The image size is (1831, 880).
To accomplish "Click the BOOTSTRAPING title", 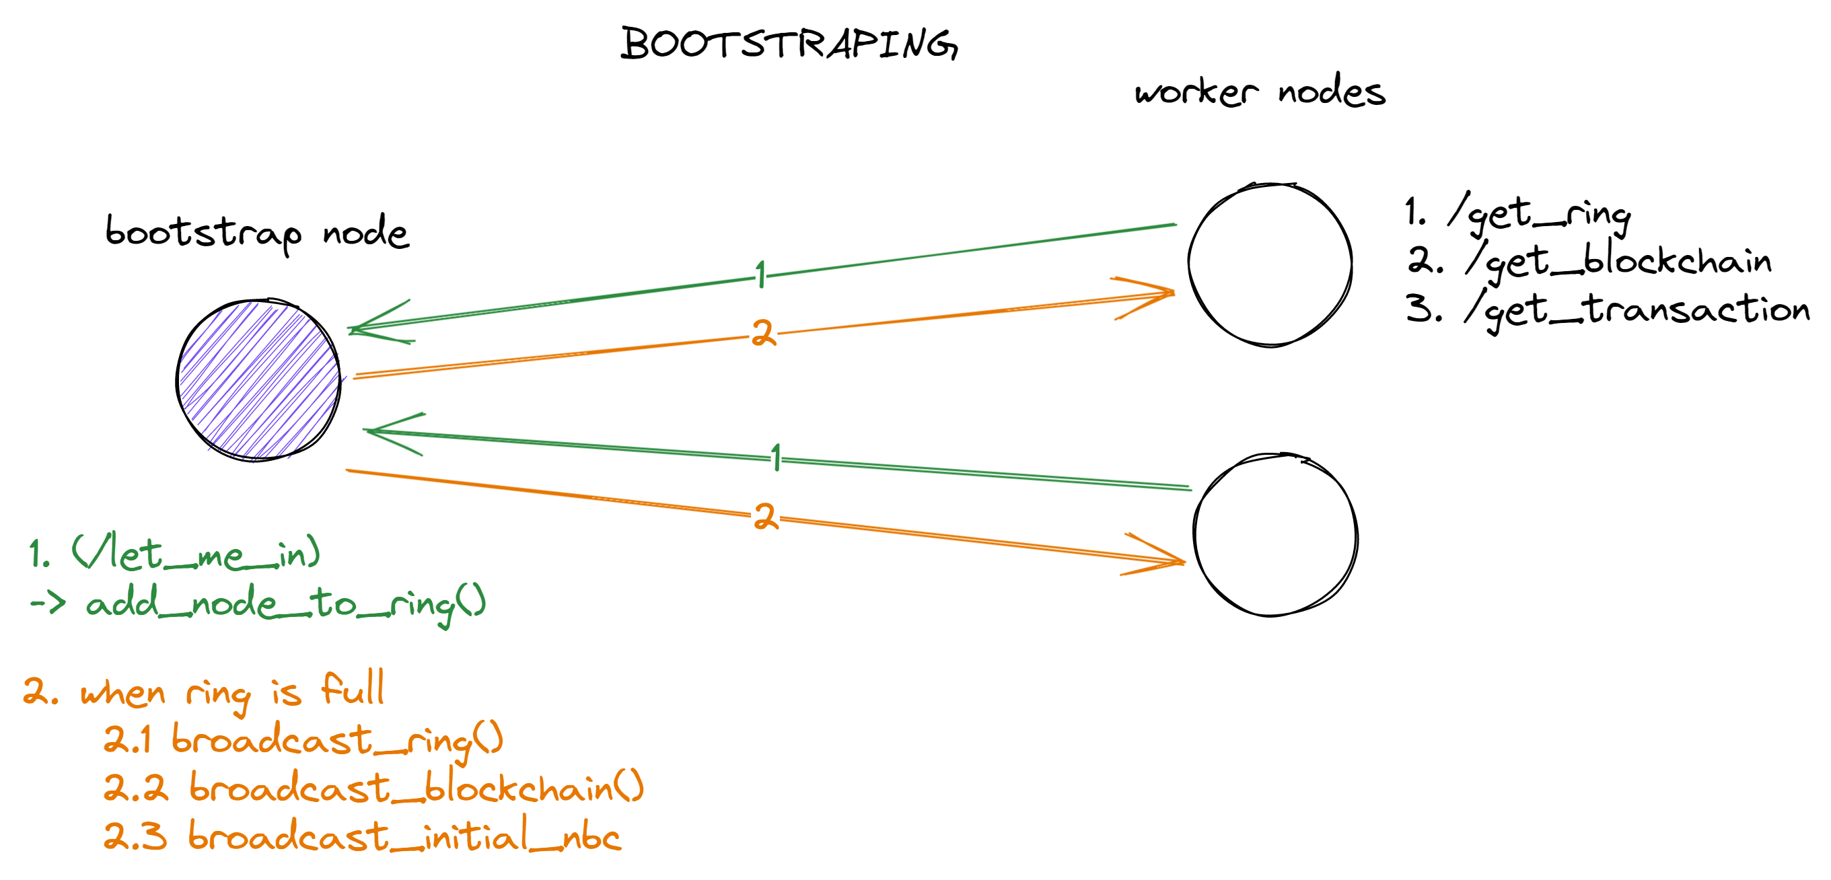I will (x=789, y=44).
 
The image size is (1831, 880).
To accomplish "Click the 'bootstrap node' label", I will (x=257, y=232).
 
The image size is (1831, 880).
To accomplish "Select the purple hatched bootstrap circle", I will (x=258, y=380).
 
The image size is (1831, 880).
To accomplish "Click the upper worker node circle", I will (x=1270, y=264).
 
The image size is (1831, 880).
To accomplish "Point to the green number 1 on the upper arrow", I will (x=760, y=274).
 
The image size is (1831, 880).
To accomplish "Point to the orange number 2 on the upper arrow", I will (x=763, y=332).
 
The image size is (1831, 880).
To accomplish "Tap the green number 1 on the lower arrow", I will (x=776, y=457).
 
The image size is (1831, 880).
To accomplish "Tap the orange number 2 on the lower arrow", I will (x=765, y=516).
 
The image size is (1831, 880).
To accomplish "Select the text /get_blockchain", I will (x=1617, y=262).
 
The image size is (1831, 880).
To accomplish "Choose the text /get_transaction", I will (x=1635, y=310).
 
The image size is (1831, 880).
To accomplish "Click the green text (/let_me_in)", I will (x=195, y=553).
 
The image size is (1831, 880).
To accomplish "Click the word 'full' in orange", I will (x=353, y=688).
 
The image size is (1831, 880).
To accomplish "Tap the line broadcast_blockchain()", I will (x=416, y=788).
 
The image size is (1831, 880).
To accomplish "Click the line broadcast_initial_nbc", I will (x=404, y=836).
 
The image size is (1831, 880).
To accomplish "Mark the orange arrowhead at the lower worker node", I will (x=1165, y=558).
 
